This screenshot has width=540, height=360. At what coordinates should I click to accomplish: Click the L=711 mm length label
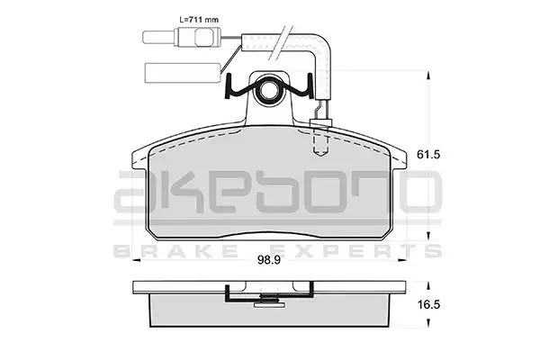[199, 20]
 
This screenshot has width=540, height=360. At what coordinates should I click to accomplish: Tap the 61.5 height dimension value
[428, 155]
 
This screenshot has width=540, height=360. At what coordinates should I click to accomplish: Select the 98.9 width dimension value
[269, 260]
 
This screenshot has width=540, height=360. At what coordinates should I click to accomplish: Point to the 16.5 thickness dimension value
[428, 305]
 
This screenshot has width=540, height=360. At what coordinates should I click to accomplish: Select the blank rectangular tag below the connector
[183, 73]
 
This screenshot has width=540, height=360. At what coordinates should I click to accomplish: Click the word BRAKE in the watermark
[175, 251]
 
